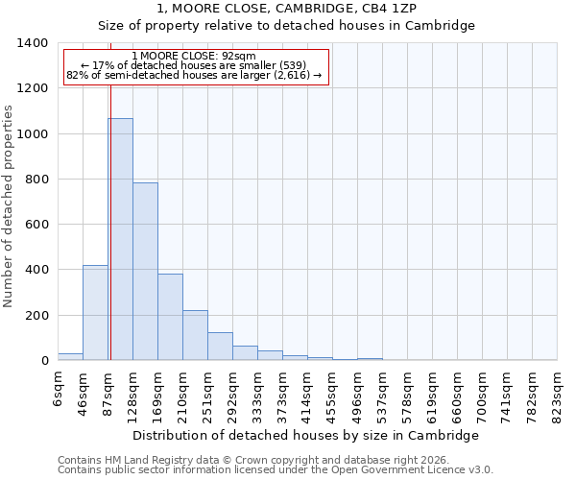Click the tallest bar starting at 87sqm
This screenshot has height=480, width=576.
tap(120, 239)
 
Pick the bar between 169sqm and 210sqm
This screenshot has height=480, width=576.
tap(170, 317)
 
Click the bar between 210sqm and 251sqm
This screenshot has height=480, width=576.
tap(195, 335)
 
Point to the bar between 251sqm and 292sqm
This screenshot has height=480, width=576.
tap(220, 347)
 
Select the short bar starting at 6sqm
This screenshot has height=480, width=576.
tap(70, 357)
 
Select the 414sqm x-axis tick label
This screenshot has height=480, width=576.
tap(307, 396)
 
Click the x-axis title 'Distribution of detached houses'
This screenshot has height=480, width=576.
tap(305, 435)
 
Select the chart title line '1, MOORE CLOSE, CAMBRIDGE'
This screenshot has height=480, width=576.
tap(287, 8)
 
